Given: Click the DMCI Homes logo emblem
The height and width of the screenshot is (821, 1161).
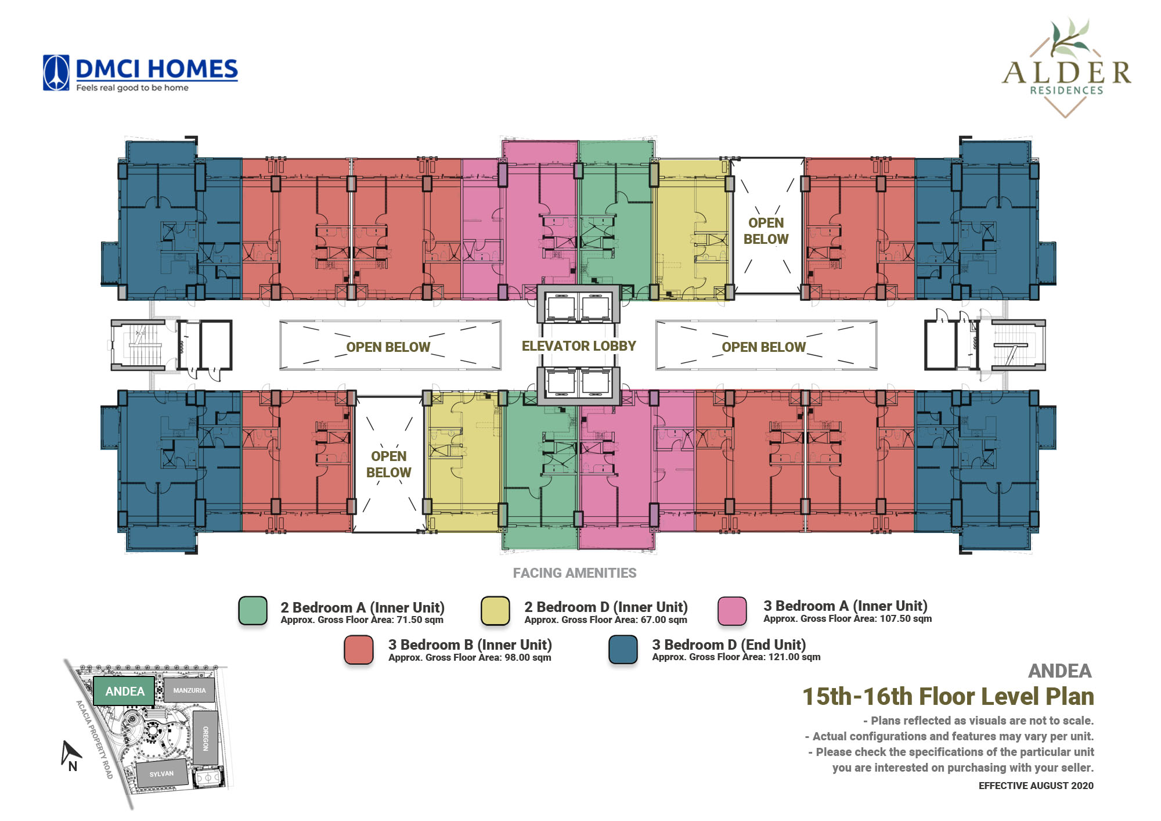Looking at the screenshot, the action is tap(56, 73).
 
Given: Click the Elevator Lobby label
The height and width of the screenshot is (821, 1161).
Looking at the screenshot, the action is tap(579, 346).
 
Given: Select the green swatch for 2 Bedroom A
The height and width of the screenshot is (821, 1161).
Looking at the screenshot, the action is tap(253, 611).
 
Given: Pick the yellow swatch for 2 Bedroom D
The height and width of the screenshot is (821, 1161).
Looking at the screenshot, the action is tap(496, 611).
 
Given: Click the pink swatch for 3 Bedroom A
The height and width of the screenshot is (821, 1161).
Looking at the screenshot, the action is tap(733, 611).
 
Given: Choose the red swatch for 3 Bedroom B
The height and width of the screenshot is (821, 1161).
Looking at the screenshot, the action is tap(359, 649).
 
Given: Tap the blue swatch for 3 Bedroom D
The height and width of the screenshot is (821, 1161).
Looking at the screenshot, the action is tap(623, 649).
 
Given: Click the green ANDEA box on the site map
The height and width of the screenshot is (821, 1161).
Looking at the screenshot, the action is tap(124, 691).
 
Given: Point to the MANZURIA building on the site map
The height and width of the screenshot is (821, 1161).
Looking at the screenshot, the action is tap(189, 690).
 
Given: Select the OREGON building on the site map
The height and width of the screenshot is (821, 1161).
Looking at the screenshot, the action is tap(205, 738).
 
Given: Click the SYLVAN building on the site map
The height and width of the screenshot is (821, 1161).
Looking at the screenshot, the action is tap(162, 773).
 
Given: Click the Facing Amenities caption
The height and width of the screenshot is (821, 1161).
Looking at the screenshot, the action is tap(575, 573).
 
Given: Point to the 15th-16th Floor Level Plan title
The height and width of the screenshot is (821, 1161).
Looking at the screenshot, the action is tap(948, 696).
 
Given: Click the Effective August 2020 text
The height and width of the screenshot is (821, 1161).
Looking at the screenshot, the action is tap(1036, 786).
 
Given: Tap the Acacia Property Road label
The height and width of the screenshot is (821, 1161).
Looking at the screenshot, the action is tap(94, 739).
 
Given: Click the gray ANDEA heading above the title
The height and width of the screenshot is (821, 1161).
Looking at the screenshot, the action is tap(1060, 671).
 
